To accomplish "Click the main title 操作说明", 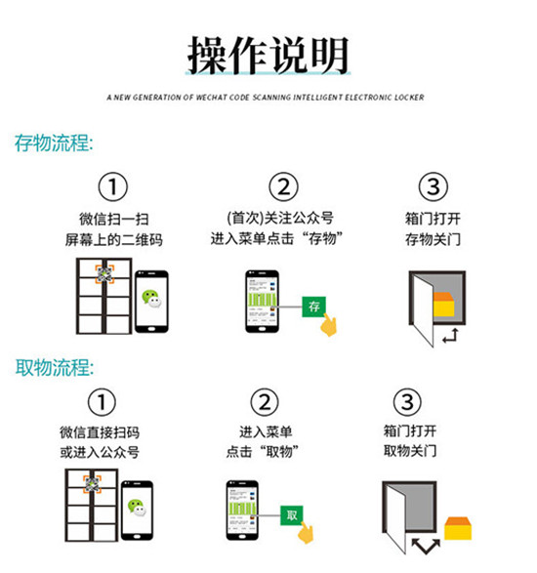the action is click(268, 56).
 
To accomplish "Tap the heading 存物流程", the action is click(54, 143).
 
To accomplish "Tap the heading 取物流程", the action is click(54, 367).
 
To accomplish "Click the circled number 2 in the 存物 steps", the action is click(284, 186).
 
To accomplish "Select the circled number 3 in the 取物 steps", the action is click(407, 402).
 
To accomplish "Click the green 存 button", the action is click(313, 307).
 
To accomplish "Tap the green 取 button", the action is click(292, 515).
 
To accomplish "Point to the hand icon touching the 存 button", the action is click(329, 325).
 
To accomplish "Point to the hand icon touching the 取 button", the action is click(306, 533).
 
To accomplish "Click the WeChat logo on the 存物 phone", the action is click(151, 298).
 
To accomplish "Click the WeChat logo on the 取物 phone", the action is click(137, 508).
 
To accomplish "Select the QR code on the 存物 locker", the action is click(104, 275).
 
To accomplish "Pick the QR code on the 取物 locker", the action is click(92, 484).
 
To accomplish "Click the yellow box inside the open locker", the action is click(443, 305).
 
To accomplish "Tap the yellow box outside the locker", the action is click(458, 528).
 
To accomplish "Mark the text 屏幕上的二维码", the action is click(113, 240).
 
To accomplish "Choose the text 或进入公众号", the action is click(100, 452).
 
